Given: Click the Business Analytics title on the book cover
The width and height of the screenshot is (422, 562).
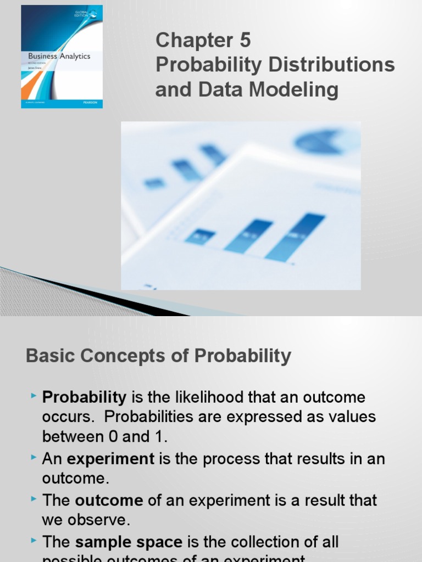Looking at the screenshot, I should (x=59, y=56).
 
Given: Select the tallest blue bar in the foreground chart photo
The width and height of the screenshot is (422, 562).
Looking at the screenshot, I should (x=296, y=237).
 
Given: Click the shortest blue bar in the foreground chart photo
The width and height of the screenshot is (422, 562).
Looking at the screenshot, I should (x=200, y=236).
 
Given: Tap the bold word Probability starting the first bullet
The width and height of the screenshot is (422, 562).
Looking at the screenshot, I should (x=85, y=397).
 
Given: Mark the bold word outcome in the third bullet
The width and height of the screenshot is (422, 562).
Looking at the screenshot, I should (x=109, y=500).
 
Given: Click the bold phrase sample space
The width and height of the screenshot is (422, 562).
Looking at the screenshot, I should (x=129, y=542).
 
